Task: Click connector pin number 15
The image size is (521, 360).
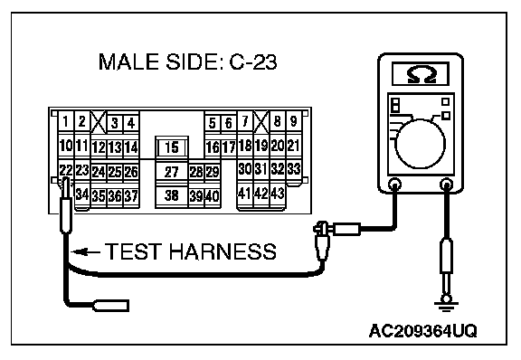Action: click(172, 147)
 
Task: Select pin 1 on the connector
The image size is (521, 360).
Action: click(66, 122)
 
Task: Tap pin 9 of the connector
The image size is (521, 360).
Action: click(293, 121)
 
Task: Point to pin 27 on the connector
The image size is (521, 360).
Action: click(172, 172)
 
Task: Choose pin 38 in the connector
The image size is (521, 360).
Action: click(172, 195)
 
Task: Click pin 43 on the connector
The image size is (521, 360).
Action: click(277, 194)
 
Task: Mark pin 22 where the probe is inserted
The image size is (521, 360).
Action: click(66, 171)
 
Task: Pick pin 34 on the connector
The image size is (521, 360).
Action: click(82, 194)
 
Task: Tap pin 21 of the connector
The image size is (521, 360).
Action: click(293, 146)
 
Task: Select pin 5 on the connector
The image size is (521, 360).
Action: click(212, 123)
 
